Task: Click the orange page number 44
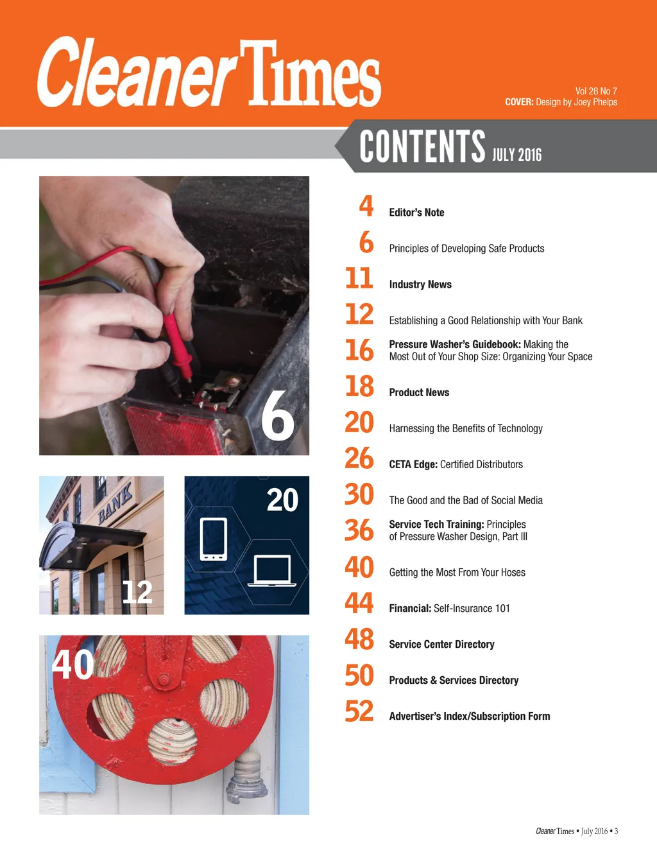tap(359, 604)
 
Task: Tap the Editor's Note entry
tap(416, 213)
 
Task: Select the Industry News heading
tap(420, 284)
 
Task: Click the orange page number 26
tap(359, 459)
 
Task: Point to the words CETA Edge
tap(413, 464)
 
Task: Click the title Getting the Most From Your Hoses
tap(457, 573)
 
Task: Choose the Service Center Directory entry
tap(442, 645)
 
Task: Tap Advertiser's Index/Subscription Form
tap(470, 717)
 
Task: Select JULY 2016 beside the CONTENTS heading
tap(516, 155)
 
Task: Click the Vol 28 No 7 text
tap(596, 91)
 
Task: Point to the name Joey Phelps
tap(596, 102)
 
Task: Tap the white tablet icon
tap(214, 539)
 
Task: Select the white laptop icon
tap(272, 571)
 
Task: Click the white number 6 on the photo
tap(278, 416)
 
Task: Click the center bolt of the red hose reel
tap(164, 679)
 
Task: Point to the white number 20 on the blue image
tap(282, 500)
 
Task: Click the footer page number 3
tap(616, 832)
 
